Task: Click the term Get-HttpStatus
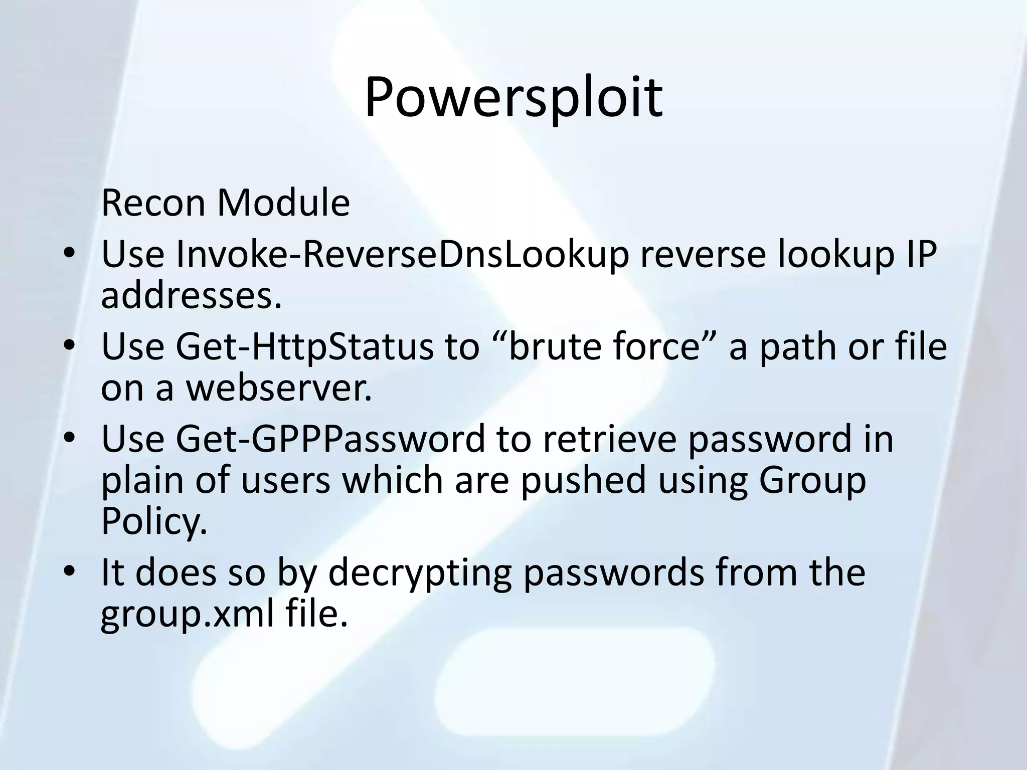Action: [x=304, y=347]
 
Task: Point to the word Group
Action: [x=812, y=480]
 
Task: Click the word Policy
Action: [x=153, y=521]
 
